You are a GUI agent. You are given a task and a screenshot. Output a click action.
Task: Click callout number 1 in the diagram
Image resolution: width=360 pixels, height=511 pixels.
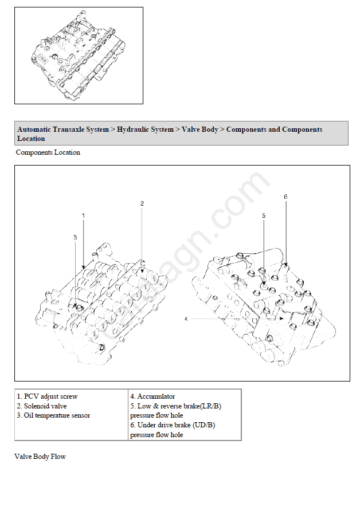tap(83, 215)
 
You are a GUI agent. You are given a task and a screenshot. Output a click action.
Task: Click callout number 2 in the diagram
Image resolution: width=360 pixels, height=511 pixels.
tap(142, 203)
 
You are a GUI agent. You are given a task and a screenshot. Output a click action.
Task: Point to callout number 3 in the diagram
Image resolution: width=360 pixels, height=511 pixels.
tap(75, 237)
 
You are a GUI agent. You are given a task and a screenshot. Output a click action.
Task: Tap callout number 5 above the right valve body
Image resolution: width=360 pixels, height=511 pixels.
tap(264, 215)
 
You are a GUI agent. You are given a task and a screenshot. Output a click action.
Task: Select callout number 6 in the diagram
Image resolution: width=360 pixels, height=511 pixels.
tap(285, 196)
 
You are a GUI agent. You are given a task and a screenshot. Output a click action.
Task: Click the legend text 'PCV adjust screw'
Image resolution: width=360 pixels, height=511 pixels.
tap(50, 396)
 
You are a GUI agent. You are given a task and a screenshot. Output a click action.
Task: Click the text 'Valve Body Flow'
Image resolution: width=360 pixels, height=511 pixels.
tap(40, 457)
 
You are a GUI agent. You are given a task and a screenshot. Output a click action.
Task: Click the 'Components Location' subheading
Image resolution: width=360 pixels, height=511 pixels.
tap(48, 152)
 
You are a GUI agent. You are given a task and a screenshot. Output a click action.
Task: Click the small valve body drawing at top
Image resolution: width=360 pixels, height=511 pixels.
tap(79, 55)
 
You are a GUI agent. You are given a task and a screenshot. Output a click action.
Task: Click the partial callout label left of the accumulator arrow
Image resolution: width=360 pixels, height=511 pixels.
tap(186, 318)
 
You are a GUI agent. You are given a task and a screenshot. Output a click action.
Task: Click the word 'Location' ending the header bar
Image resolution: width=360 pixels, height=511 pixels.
tap(31, 139)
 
